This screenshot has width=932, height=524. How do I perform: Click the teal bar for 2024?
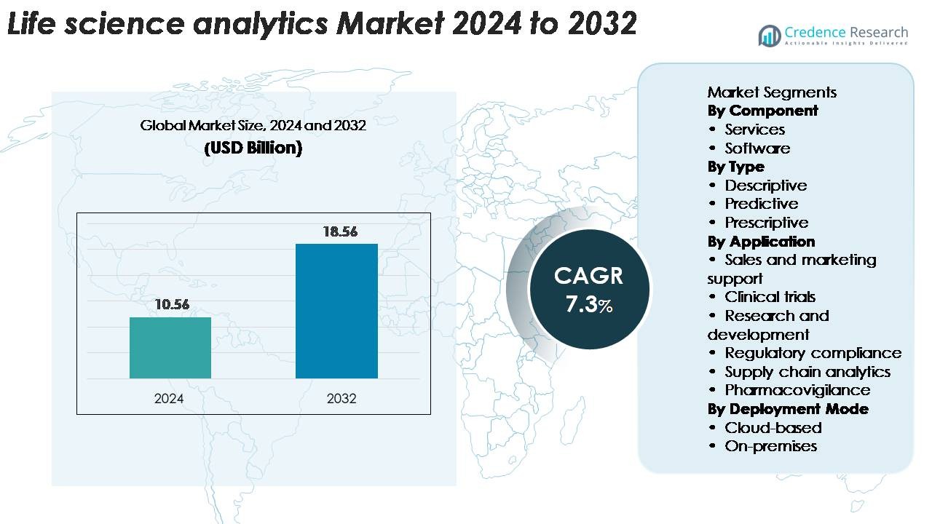click(170, 348)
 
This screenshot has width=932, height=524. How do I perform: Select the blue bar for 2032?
click(336, 311)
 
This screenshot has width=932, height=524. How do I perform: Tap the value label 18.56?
click(340, 231)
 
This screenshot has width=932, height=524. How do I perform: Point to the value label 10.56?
click(172, 305)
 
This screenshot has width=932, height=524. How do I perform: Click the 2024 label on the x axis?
click(169, 399)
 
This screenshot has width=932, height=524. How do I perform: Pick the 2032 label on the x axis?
click(341, 399)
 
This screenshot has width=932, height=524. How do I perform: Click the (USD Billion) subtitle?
click(253, 148)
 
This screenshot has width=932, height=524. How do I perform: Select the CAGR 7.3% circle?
click(588, 290)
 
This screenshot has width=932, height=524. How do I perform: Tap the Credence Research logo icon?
click(770, 35)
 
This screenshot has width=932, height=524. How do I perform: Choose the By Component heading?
click(762, 111)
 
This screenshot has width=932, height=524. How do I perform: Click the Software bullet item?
click(757, 148)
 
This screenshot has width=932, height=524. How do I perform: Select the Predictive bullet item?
click(761, 204)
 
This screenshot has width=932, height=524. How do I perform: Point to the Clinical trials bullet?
click(770, 297)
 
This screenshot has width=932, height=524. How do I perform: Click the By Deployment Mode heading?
click(788, 409)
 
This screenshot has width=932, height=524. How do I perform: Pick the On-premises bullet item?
click(770, 446)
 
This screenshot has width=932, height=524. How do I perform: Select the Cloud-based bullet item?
click(773, 427)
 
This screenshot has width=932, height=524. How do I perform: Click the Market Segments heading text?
click(772, 92)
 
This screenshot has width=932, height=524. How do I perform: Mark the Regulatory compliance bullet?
click(813, 353)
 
